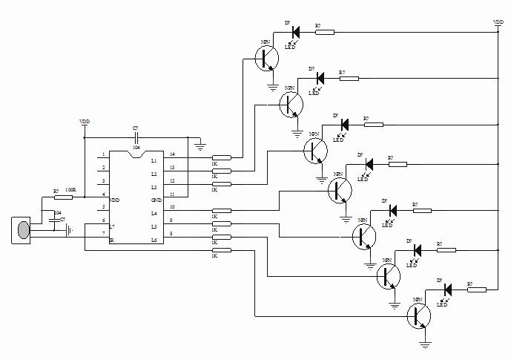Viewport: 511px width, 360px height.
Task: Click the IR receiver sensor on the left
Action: pos(23,229)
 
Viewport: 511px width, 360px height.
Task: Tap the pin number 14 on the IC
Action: pos(172,154)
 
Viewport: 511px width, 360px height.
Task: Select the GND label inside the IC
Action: pos(156,200)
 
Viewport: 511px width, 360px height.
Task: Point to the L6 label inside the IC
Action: pos(154,240)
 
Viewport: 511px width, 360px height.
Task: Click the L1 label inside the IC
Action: pos(154,160)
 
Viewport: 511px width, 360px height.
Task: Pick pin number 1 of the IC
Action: pos(104,155)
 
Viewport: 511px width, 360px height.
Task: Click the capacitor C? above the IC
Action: pos(136,138)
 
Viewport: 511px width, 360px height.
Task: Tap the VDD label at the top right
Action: pos(498,22)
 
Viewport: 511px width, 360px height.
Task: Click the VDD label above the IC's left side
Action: pos(85,120)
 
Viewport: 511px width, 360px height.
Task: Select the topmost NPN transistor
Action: pos(266,58)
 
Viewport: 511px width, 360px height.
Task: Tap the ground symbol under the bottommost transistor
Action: pos(425,342)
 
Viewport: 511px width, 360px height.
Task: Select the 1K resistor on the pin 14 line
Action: pos(222,157)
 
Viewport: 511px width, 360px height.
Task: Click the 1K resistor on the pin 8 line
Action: pos(222,237)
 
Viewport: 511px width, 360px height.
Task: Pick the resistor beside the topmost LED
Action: pos(324,32)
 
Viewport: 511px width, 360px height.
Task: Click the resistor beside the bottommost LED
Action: pos(476,289)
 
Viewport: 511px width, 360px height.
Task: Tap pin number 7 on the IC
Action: pos(104,234)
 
